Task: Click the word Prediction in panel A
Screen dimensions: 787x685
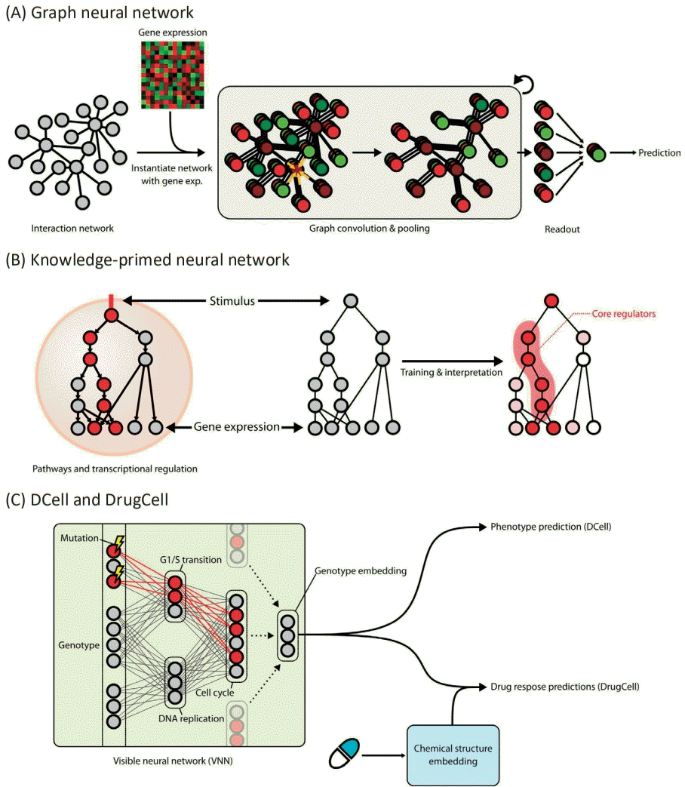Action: pos(659,152)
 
